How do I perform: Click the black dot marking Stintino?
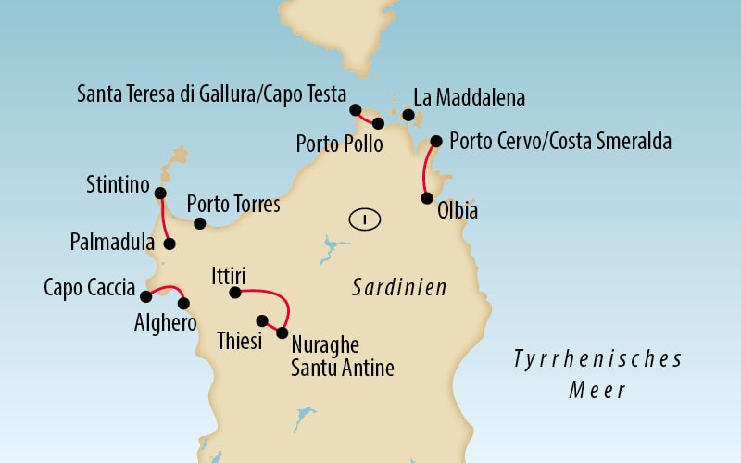point(159,194)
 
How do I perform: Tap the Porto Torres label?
point(233,204)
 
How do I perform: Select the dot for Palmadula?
point(170,244)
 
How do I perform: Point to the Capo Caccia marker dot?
point(145,296)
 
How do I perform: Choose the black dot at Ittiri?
point(235,293)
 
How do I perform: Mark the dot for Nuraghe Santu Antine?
point(283,332)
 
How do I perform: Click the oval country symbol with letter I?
point(366,219)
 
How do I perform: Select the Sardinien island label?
point(399,288)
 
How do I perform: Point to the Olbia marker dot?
point(426,197)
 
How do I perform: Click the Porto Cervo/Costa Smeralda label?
point(559,143)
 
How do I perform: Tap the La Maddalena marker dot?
point(408,115)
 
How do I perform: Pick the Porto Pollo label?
point(338,144)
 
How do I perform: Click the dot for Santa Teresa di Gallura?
point(356,110)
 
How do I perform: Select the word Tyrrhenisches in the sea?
point(598,358)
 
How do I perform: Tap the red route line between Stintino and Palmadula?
point(163,219)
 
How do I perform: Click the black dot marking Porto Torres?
point(199,223)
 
